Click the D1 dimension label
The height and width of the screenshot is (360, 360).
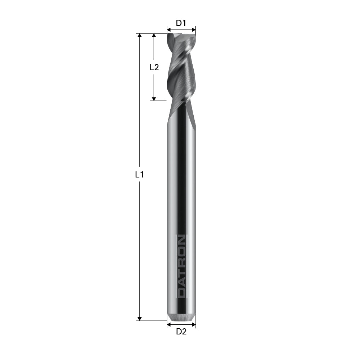coord(181,23)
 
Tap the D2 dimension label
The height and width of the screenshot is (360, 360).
coord(181,332)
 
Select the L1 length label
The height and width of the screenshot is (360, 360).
coord(139,175)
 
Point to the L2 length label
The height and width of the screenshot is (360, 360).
coord(154,67)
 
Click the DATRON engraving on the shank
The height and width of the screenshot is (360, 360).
coord(181,266)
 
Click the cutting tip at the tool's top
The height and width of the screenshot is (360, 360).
coord(181,35)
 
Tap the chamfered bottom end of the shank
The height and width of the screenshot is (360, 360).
coord(181,317)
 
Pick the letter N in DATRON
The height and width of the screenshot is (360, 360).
coord(181,240)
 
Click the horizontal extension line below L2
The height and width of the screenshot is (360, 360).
coord(158,100)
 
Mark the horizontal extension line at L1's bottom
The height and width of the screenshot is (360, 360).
coord(151,320)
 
